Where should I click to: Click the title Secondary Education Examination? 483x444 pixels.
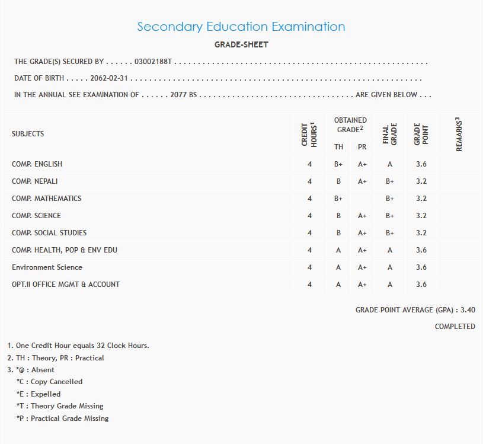241,27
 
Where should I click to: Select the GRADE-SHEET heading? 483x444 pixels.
241,44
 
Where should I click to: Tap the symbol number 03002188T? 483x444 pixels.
153,62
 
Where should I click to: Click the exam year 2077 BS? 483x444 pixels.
183,95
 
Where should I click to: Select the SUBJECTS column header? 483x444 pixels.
28,134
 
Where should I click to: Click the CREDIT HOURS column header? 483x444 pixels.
309,135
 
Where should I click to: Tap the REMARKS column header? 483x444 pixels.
459,135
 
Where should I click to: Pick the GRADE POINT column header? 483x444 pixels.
421,135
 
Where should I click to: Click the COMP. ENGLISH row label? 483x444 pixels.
37,164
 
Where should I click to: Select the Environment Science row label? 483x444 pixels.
47,267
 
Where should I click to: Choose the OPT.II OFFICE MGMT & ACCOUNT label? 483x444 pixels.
66,285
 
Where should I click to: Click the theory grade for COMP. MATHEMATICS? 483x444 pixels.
338,199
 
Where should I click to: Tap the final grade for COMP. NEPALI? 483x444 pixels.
389,181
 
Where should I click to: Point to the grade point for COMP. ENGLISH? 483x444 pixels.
421,164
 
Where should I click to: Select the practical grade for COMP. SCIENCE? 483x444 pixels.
362,216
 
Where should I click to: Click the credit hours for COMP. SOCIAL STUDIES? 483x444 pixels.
309,233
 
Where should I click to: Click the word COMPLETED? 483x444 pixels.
455,327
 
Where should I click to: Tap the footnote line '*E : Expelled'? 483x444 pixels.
39,394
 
